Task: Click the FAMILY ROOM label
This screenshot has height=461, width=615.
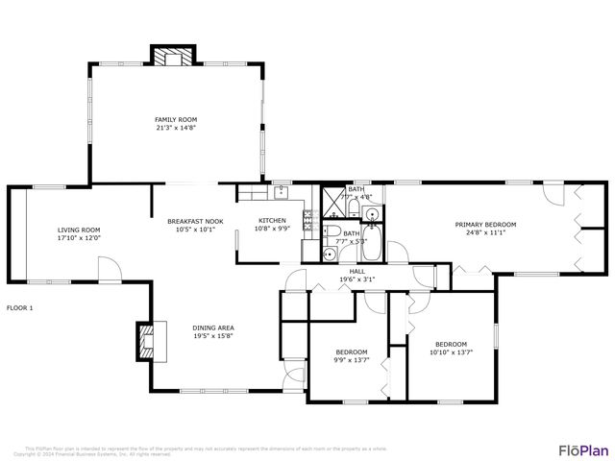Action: (176, 120)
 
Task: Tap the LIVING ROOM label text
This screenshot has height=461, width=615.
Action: (79, 230)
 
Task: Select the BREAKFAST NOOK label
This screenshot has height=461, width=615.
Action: (195, 221)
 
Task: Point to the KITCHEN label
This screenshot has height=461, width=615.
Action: (272, 221)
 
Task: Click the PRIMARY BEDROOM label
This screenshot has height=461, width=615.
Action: (485, 224)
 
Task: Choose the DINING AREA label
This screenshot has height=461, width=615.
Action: (213, 328)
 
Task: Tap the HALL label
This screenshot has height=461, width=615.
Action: (357, 272)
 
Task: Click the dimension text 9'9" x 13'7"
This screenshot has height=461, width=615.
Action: (351, 360)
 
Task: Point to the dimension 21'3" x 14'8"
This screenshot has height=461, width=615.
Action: (176, 128)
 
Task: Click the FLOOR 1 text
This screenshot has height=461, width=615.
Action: (20, 308)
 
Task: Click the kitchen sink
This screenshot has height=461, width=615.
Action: (281, 192)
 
